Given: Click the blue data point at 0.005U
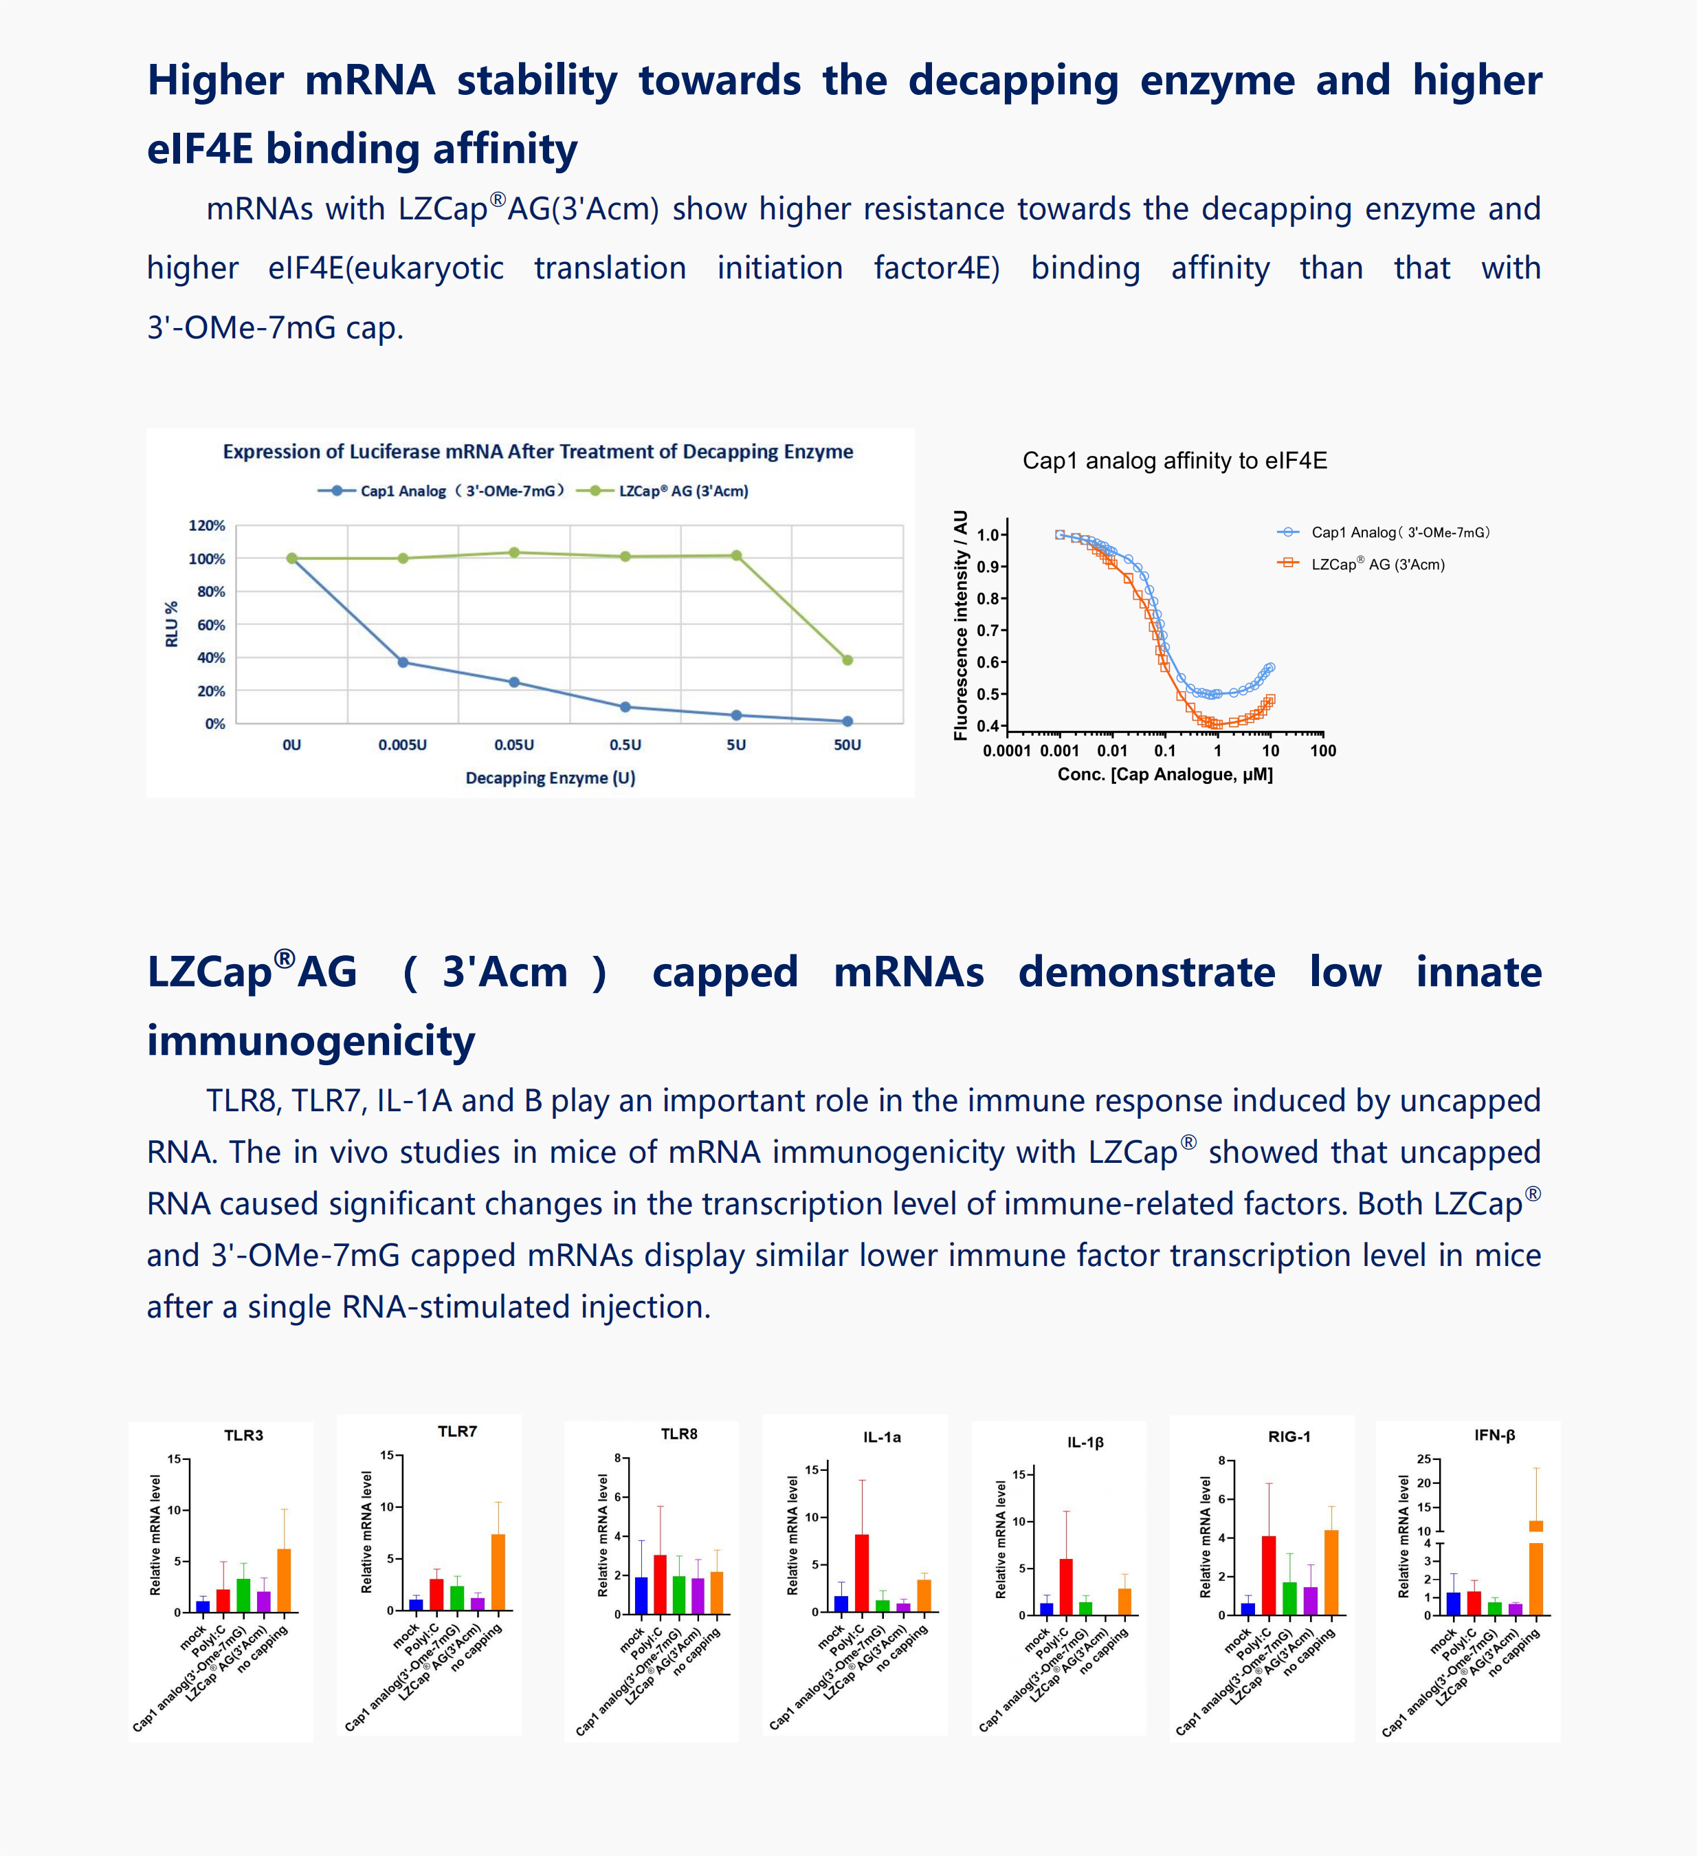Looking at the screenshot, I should pyautogui.click(x=403, y=663).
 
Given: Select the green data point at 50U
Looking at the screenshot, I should pyautogui.click(x=847, y=660).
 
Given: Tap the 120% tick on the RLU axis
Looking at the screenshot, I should pyautogui.click(x=207, y=525).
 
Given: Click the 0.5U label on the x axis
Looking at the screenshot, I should pyautogui.click(x=625, y=745).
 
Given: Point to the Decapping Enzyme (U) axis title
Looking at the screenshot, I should pyautogui.click(x=551, y=778).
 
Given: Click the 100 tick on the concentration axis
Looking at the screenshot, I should pyautogui.click(x=1323, y=750).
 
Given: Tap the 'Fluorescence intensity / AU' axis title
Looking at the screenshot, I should pyautogui.click(x=961, y=625).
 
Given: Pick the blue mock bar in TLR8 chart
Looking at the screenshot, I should pyautogui.click(x=641, y=1595).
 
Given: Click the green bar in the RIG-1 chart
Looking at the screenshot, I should pyautogui.click(x=1289, y=1598).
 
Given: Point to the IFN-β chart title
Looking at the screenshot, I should pyautogui.click(x=1494, y=1435).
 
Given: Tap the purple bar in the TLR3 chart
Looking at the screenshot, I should pyautogui.click(x=264, y=1602).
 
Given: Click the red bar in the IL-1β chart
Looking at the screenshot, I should pyautogui.click(x=1065, y=1586).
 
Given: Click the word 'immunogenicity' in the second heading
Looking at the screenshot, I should pyautogui.click(x=311, y=1040).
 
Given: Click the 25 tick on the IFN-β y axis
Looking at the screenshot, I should pyautogui.click(x=1423, y=1459).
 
